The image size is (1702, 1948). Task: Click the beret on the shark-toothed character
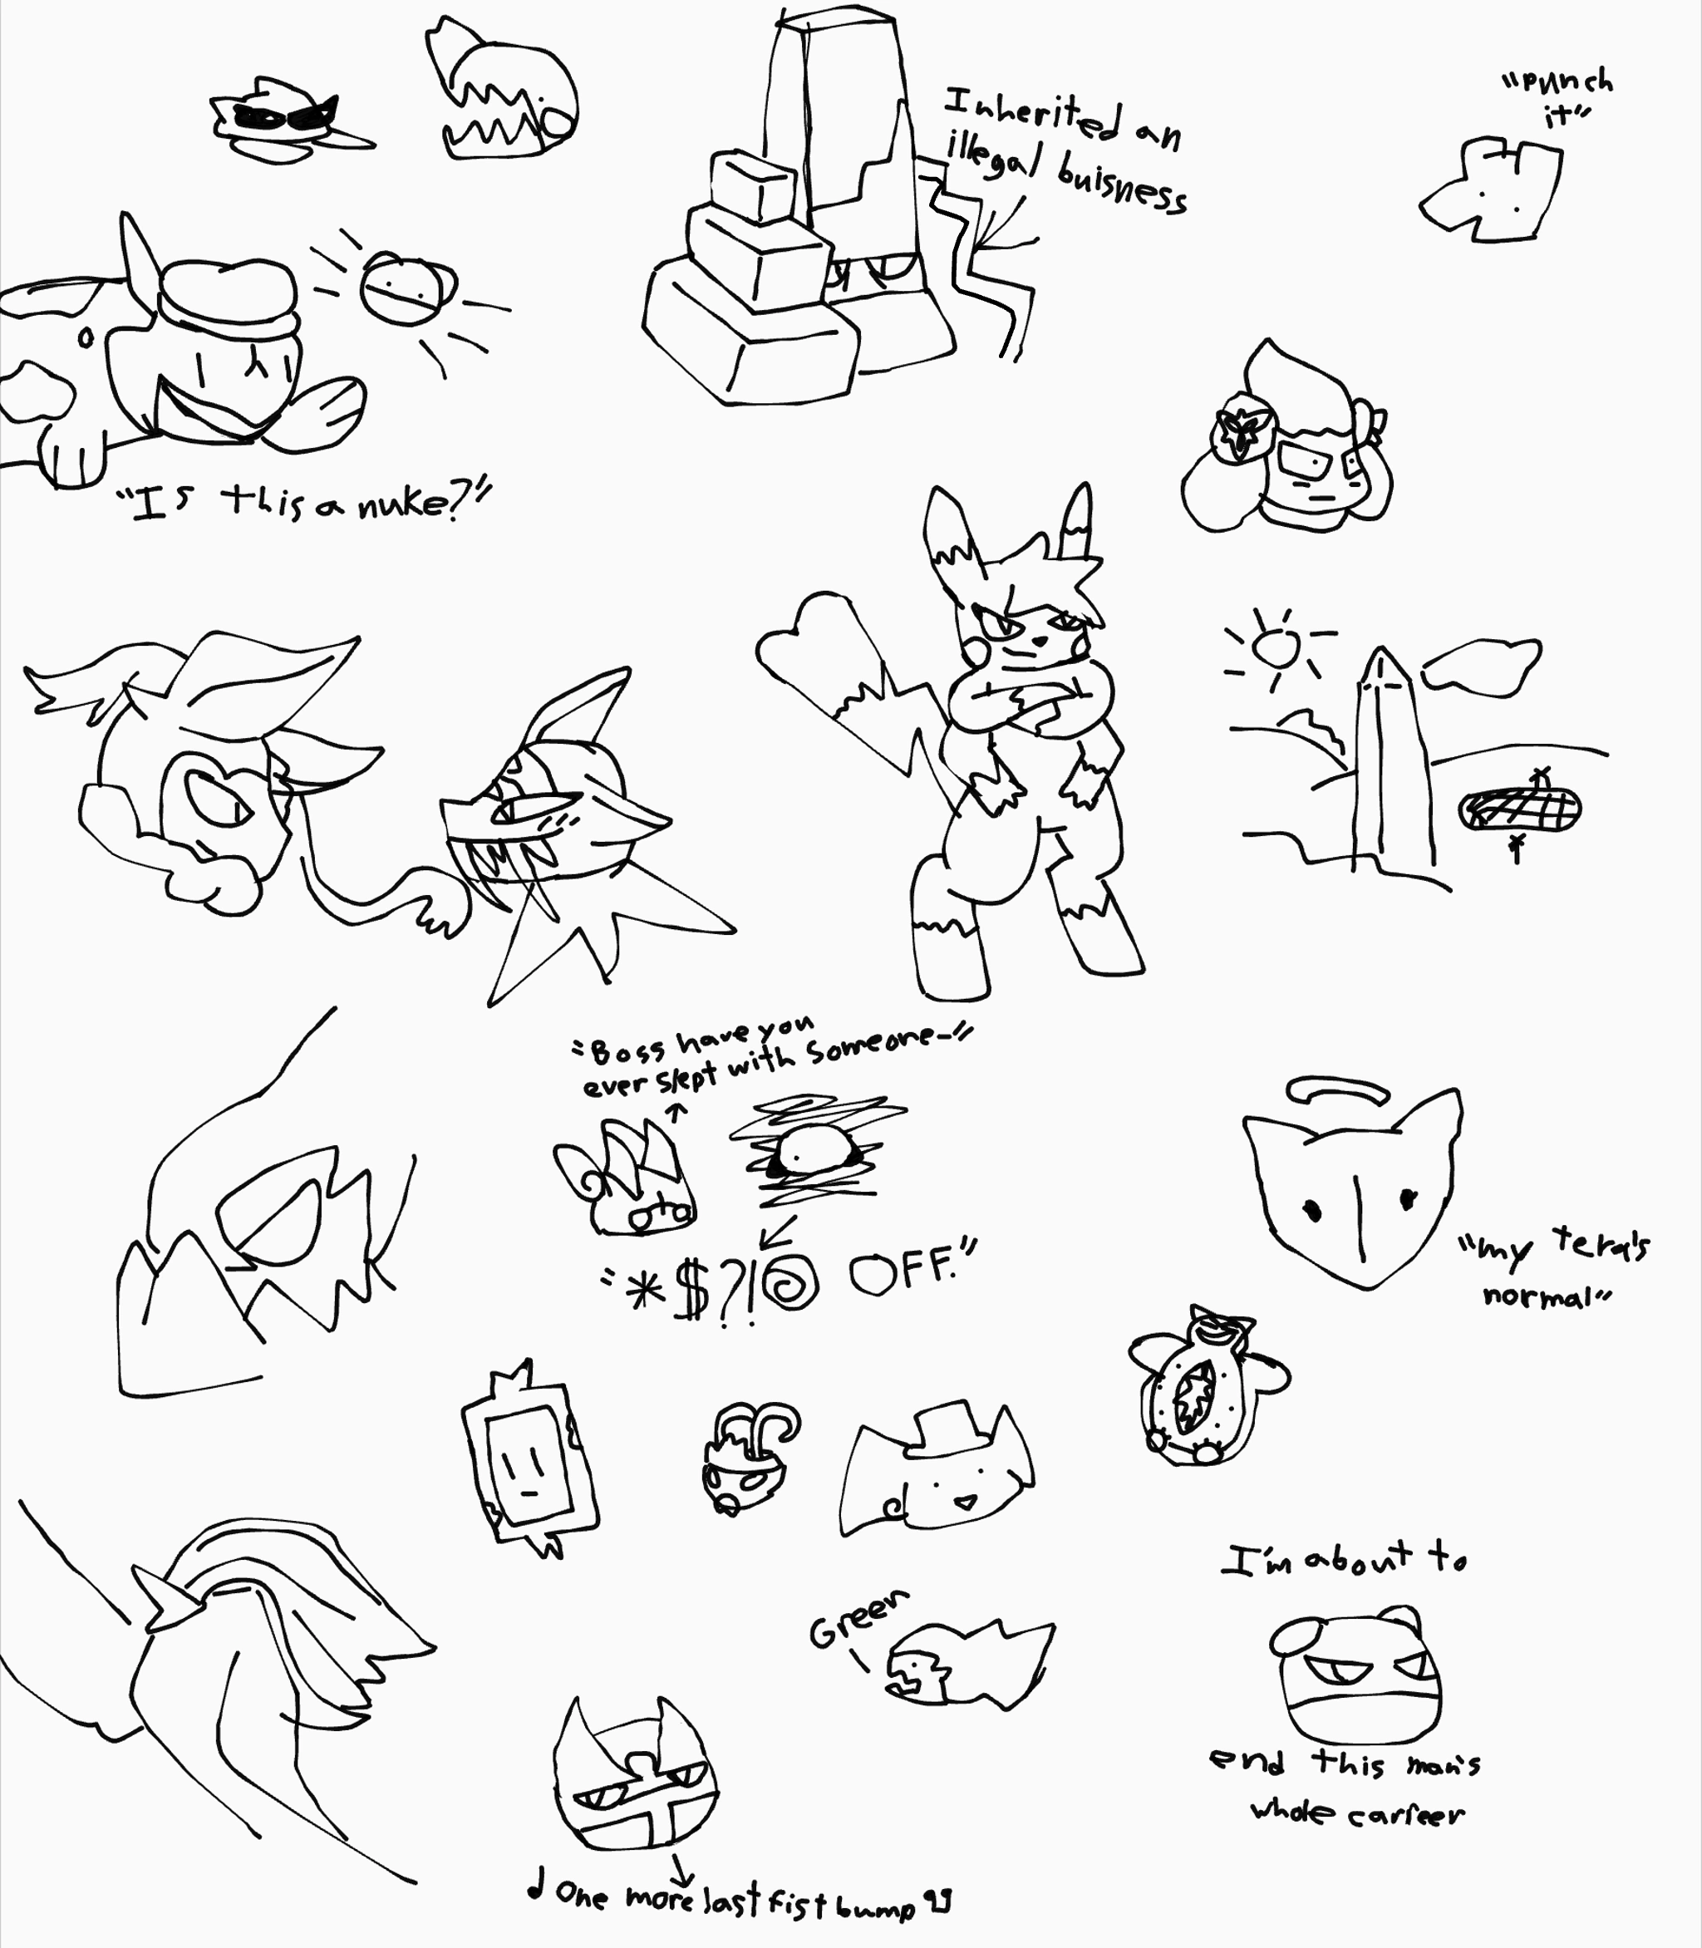tap(228, 297)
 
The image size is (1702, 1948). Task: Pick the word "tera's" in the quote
tap(1602, 1245)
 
